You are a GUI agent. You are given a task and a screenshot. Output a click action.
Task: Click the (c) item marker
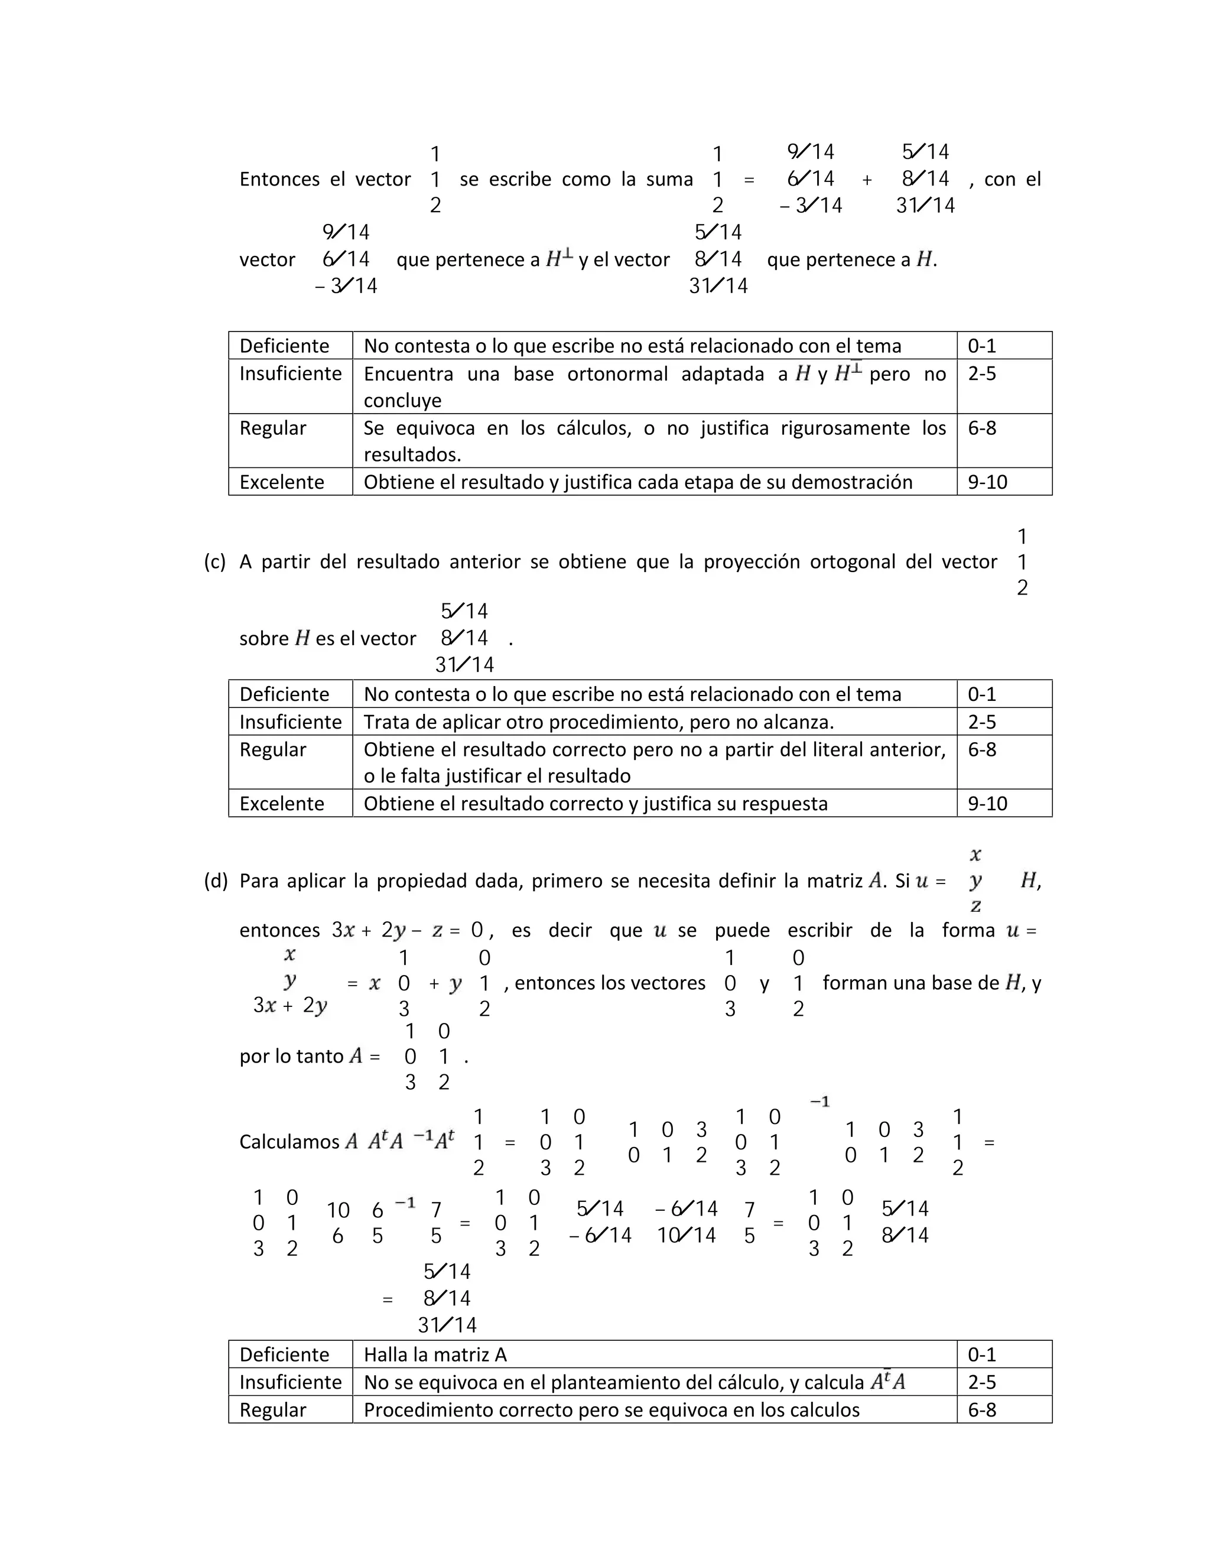click(214, 561)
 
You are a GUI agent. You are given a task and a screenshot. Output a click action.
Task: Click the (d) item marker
click(215, 881)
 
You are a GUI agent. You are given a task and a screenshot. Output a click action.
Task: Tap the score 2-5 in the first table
click(981, 373)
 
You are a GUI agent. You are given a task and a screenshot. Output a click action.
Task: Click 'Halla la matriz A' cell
click(435, 1354)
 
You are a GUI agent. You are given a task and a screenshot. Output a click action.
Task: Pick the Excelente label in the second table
click(282, 803)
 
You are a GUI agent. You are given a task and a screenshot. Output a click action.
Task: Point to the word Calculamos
click(289, 1142)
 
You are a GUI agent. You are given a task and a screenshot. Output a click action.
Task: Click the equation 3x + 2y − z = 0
click(407, 931)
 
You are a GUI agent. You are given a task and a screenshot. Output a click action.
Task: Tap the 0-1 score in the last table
click(981, 1354)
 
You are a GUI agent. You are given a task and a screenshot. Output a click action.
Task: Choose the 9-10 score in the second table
click(987, 803)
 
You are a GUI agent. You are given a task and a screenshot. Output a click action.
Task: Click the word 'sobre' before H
click(264, 638)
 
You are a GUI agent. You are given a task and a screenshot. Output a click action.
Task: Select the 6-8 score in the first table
click(981, 428)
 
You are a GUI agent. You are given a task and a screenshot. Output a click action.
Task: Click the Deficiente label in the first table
click(284, 346)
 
